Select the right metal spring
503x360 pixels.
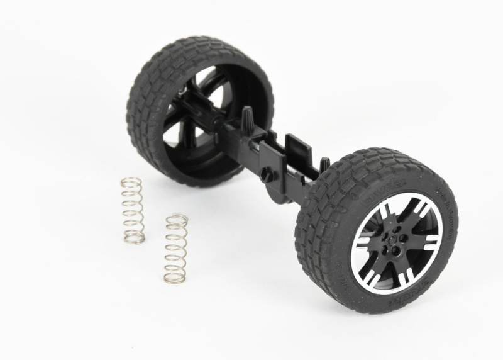click(175, 248)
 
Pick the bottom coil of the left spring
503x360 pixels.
click(135, 239)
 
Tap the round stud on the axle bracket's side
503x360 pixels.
click(268, 174)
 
